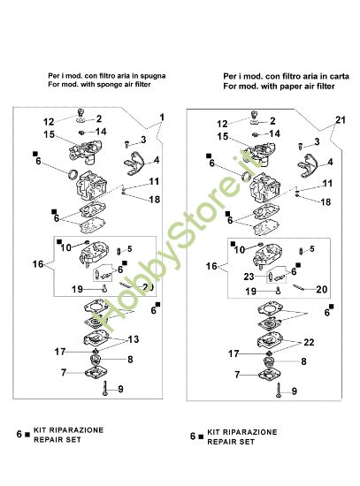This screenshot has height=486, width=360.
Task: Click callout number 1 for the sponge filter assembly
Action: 162,118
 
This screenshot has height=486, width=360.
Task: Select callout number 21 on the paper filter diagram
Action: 340,119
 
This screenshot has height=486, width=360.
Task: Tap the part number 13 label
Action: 134,339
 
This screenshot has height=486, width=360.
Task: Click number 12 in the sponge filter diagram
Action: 50,121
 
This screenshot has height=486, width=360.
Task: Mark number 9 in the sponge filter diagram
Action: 120,390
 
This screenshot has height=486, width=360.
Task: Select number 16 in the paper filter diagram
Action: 211,264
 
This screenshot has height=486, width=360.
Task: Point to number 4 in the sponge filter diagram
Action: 156,161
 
